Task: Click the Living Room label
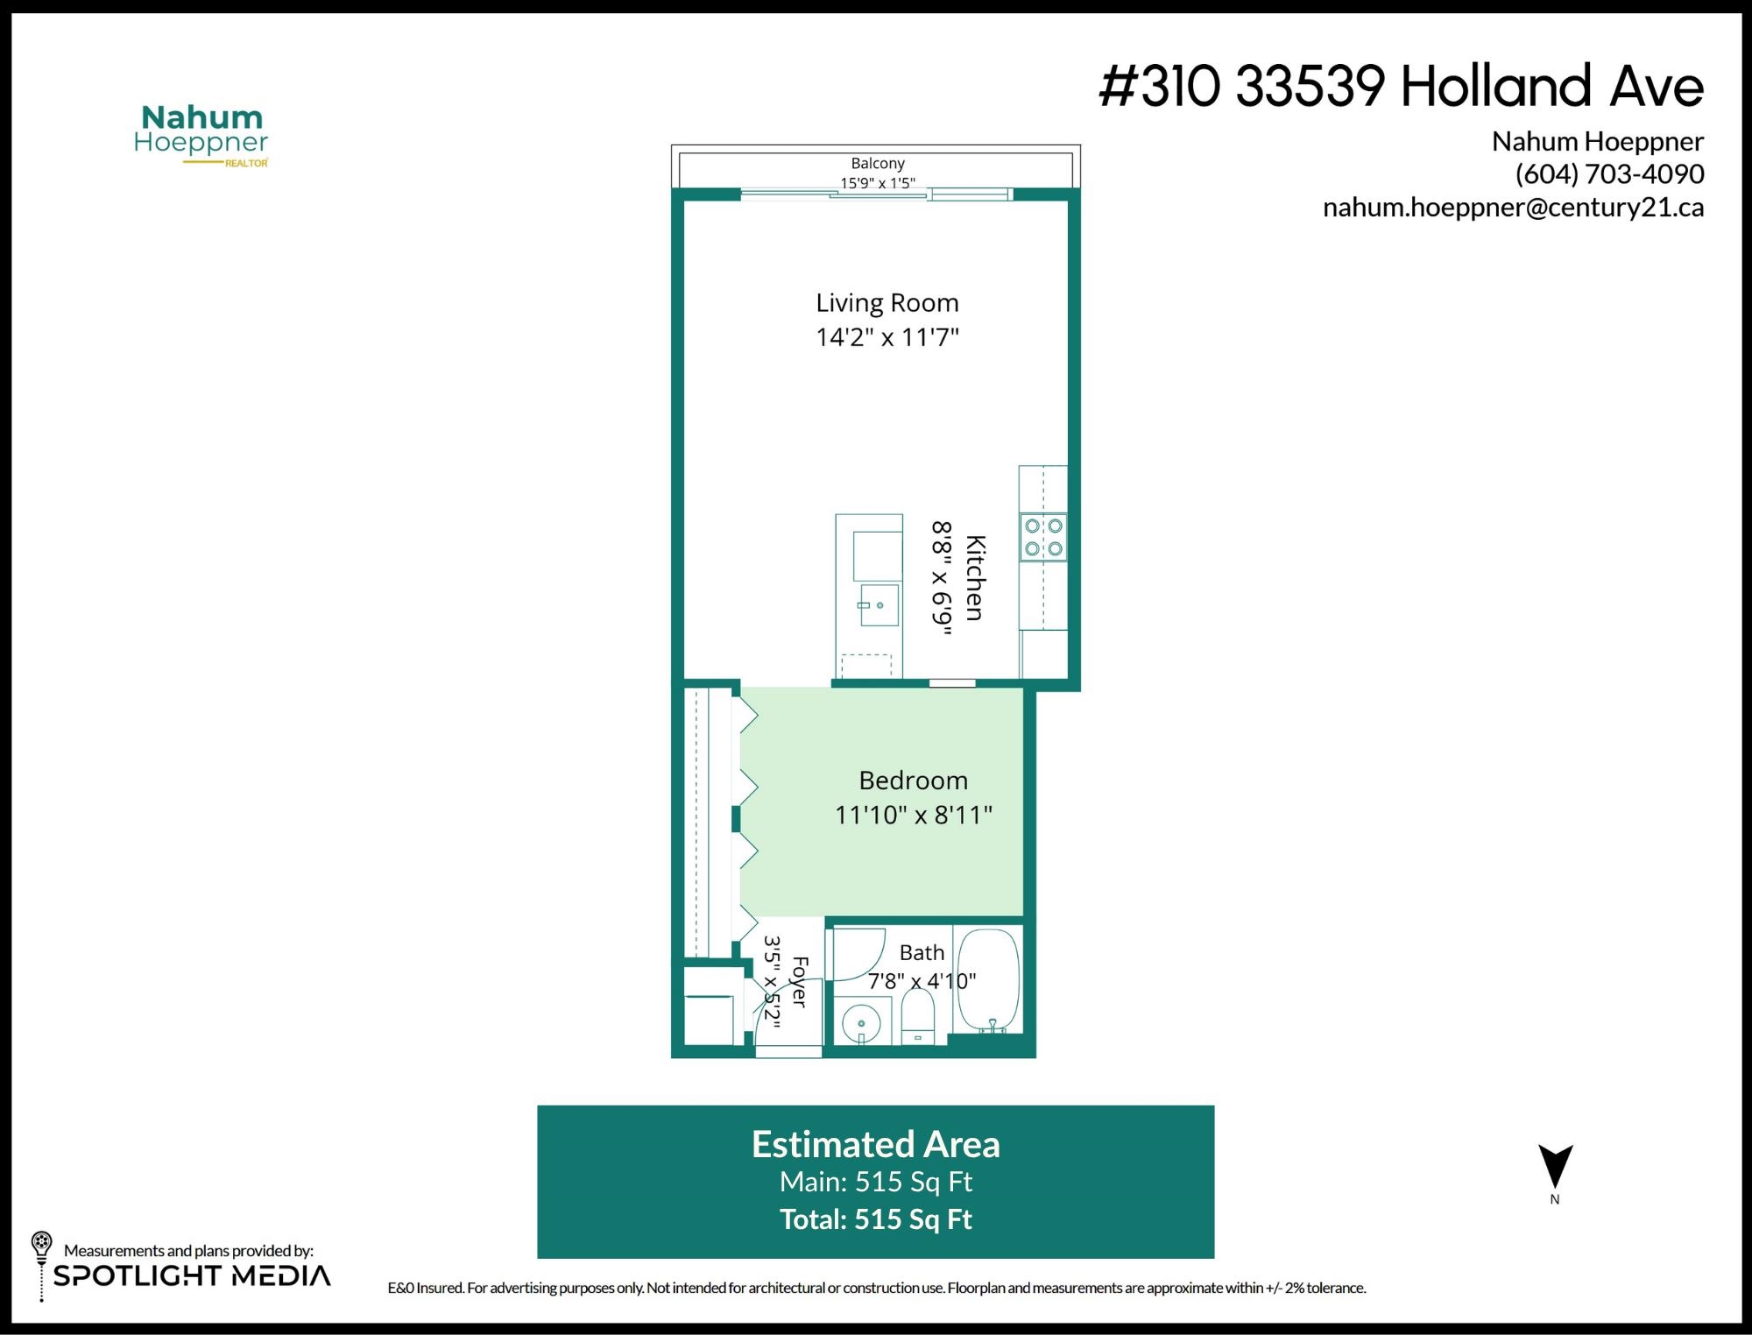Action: click(x=887, y=303)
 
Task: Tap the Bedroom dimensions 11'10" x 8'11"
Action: click(x=914, y=815)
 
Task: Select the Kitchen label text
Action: click(x=975, y=578)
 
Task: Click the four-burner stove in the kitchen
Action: click(x=1043, y=537)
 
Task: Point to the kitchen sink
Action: click(x=879, y=604)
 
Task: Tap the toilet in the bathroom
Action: click(x=918, y=1018)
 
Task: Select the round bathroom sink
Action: click(x=861, y=1023)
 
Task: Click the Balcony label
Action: click(x=878, y=163)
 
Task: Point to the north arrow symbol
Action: click(x=1556, y=1165)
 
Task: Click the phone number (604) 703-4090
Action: click(x=1609, y=174)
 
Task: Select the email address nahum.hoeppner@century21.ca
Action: click(x=1513, y=208)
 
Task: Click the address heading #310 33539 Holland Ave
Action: click(x=1402, y=87)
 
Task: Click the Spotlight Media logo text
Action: click(x=193, y=1275)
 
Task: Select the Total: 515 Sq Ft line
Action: click(x=876, y=1219)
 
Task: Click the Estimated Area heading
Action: click(x=876, y=1144)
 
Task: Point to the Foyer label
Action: click(x=799, y=981)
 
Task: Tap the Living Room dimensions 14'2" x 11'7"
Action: click(x=887, y=337)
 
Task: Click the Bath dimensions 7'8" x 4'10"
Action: click(x=922, y=981)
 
